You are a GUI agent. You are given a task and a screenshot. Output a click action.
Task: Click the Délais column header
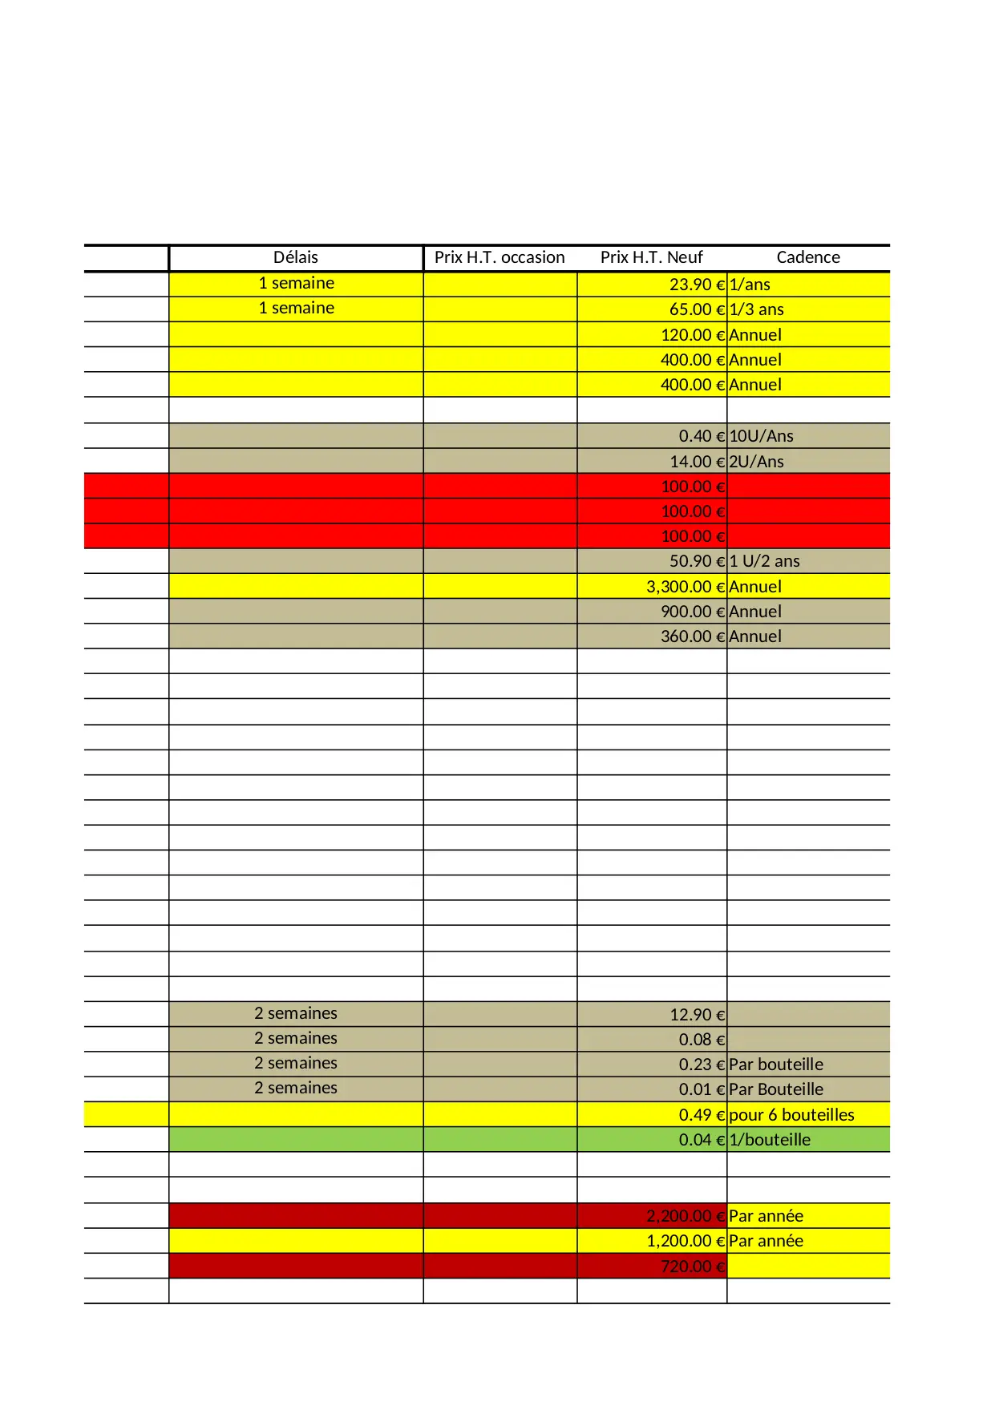296,257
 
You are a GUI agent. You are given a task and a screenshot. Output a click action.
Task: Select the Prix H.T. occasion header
500,257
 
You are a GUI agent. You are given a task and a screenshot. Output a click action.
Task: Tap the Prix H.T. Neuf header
651,257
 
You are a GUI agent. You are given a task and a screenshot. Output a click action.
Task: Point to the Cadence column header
808,257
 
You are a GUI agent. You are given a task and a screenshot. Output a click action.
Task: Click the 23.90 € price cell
696,285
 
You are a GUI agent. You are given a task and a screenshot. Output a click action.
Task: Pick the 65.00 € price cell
696,309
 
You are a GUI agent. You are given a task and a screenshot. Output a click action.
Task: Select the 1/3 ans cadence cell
756,309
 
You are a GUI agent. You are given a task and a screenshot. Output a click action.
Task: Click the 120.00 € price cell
692,335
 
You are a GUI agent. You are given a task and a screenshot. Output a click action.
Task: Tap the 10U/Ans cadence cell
761,436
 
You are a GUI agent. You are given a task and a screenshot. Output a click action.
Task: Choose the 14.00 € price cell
696,462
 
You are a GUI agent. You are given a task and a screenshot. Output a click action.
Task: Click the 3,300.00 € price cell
685,587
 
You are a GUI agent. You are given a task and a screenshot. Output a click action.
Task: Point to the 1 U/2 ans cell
764,561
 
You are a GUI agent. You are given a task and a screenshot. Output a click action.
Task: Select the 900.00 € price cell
692,612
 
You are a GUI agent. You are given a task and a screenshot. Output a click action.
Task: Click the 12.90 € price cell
697,1015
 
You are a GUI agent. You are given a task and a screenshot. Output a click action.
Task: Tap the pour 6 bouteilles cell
791,1115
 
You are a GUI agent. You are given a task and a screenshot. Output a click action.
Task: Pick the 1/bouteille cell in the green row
770,1140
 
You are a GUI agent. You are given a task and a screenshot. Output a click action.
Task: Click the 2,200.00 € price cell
685,1216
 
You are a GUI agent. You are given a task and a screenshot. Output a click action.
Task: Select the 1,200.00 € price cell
685,1241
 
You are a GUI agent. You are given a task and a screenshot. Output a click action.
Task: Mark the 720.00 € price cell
692,1267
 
